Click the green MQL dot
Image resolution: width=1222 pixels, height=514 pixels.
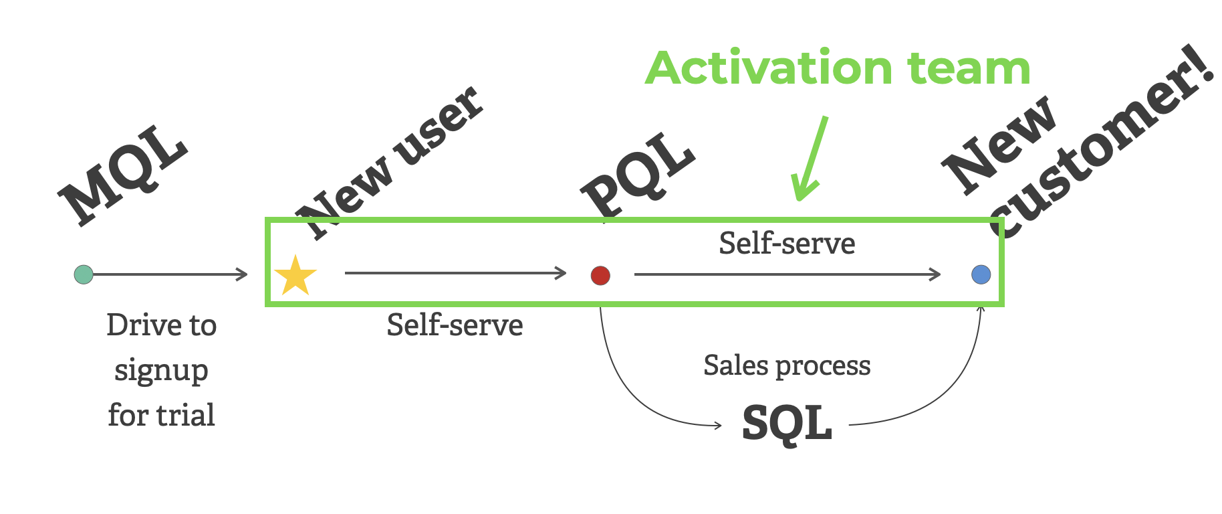pos(84,274)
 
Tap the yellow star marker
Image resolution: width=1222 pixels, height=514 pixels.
pos(295,276)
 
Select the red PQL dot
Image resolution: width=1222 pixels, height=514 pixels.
pos(600,275)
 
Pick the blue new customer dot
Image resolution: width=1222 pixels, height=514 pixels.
pos(981,274)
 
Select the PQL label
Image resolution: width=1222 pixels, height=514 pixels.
pos(638,175)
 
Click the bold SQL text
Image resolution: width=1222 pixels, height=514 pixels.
pos(787,423)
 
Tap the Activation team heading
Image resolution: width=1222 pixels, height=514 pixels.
pos(838,68)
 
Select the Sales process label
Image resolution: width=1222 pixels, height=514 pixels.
pos(787,366)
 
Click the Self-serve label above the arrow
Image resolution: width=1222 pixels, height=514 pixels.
pos(787,244)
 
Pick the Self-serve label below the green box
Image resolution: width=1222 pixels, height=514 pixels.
pos(455,326)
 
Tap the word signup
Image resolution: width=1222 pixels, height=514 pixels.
pos(161,371)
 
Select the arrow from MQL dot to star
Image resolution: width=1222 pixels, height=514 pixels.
pos(170,274)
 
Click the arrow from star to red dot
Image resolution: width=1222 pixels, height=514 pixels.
pos(455,273)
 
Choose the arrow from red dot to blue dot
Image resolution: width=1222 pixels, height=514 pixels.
pos(787,274)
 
